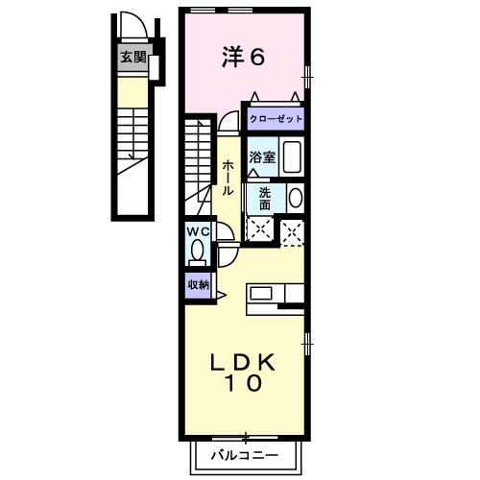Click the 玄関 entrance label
(x=133, y=57)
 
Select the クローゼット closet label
(x=276, y=119)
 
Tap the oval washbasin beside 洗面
(x=295, y=198)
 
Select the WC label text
(x=198, y=231)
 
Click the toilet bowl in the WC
(x=198, y=252)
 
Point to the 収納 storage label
(x=198, y=284)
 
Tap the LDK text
(x=244, y=362)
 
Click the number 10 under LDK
(x=244, y=384)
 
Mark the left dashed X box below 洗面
(x=259, y=230)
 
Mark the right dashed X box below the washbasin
(x=293, y=230)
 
